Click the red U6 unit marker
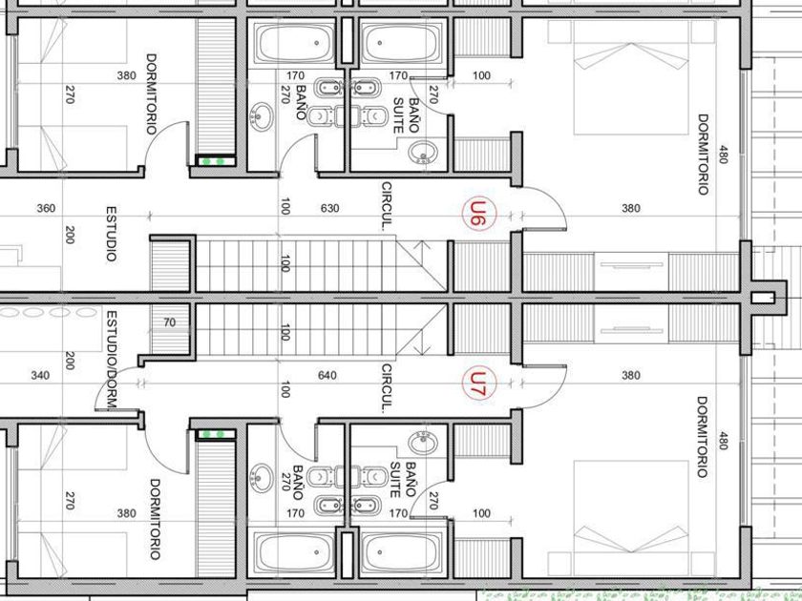click(x=478, y=214)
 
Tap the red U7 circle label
click(x=478, y=383)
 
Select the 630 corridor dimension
click(x=329, y=208)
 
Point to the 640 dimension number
click(x=327, y=376)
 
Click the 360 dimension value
click(x=46, y=208)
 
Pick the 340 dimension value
click(x=40, y=376)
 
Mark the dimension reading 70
click(x=170, y=322)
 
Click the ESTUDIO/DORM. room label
click(x=112, y=360)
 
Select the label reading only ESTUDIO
click(x=111, y=234)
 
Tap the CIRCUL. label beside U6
click(x=387, y=206)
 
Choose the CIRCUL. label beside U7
click(x=387, y=388)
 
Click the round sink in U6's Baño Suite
click(x=422, y=153)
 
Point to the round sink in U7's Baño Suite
click(x=422, y=442)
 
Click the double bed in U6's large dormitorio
click(x=631, y=76)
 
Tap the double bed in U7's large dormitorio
click(x=631, y=518)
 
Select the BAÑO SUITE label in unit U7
click(x=403, y=480)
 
